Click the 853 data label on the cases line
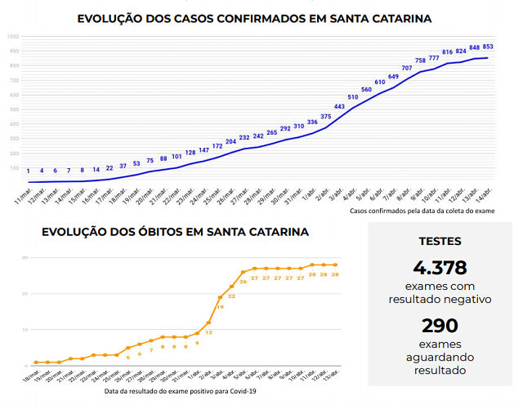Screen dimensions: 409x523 pos(487,47)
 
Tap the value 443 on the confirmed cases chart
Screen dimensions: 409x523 pos(339,106)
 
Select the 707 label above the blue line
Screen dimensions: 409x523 pos(406,68)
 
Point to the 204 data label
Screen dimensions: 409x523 pos(231,141)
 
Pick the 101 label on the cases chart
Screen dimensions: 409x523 pos(177,156)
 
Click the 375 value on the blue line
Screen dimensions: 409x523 pos(325,117)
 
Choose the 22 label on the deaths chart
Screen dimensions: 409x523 pos(232,296)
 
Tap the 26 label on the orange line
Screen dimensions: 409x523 pos(244,282)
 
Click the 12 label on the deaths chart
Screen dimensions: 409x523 pos(209,332)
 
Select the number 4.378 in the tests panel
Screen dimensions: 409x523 pos(439,268)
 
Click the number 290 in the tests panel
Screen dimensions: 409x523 pos(440,325)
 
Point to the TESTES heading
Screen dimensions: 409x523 pos(440,241)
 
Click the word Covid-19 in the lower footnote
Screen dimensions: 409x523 pos(243,392)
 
